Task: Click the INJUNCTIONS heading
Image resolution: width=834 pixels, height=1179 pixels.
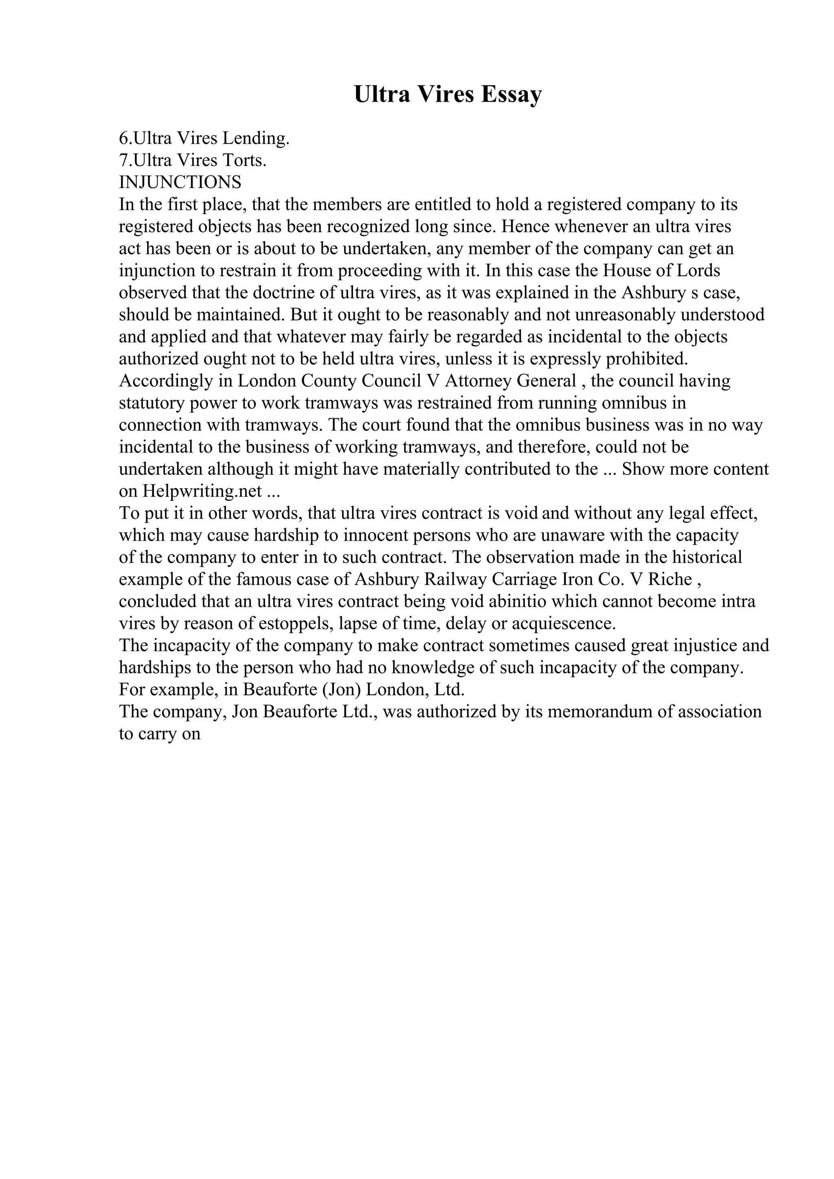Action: click(x=180, y=182)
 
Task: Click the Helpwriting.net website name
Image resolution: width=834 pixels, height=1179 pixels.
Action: click(x=203, y=491)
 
